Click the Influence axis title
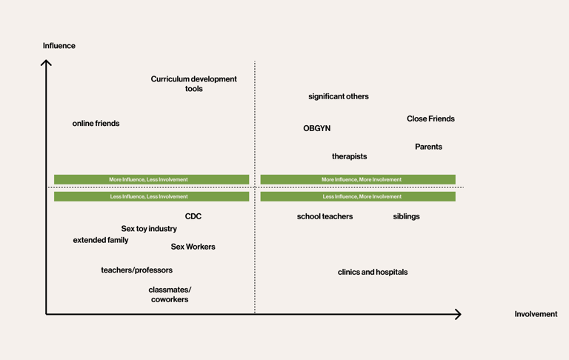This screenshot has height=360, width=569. (59, 46)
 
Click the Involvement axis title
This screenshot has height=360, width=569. (536, 314)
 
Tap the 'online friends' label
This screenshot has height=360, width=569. (96, 124)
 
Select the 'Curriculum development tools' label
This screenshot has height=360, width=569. (193, 84)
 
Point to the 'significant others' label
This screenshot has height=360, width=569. (338, 96)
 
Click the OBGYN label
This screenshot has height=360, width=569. (316, 128)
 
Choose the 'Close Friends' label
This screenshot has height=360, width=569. (430, 119)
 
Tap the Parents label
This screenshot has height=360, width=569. (428, 147)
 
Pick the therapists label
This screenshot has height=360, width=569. (349, 156)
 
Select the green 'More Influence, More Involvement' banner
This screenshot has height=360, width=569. (358, 179)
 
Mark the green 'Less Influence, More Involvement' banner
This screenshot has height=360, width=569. (358, 197)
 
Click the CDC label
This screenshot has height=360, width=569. (193, 216)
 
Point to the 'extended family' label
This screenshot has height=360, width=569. (101, 240)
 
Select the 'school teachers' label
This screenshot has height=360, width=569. (325, 216)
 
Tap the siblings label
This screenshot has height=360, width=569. (406, 216)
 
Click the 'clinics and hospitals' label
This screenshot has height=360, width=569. (373, 272)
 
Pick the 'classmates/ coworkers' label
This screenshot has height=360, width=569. (170, 295)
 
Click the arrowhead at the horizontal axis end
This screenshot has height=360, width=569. (458, 314)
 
